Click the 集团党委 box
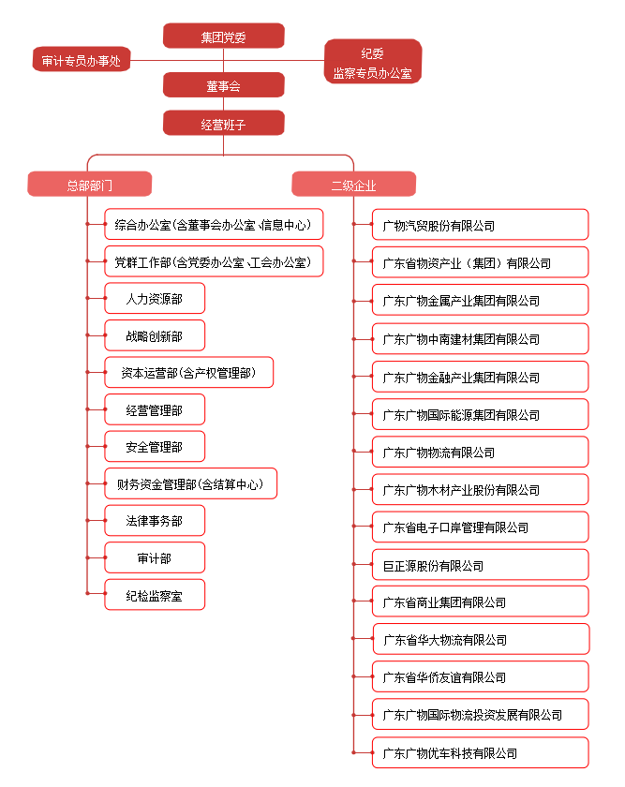(223, 37)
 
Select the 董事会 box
(223, 85)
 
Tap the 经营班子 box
(223, 124)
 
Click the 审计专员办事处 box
(82, 60)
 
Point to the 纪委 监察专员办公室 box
(373, 62)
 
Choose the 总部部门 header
(89, 185)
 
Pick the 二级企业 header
(353, 185)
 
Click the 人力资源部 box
(155, 298)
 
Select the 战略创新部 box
(155, 335)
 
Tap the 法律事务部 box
(155, 521)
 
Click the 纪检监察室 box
(155, 595)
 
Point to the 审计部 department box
(155, 557)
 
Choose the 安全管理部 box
(155, 446)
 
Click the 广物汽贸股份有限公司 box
(480, 225)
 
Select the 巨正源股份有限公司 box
(480, 565)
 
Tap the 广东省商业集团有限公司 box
(480, 601)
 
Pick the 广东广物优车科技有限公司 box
(480, 753)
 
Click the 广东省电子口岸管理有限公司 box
(480, 527)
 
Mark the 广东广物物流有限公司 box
(480, 452)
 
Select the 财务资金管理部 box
(191, 483)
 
